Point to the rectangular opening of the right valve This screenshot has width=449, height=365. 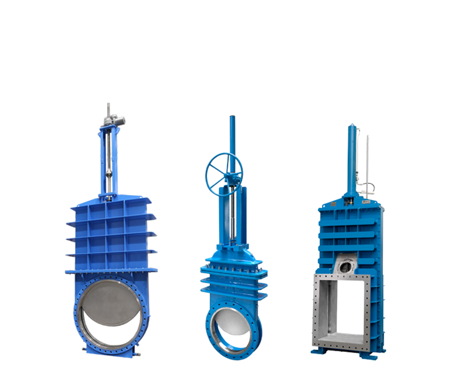[345, 309]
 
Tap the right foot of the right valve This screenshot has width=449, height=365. [373, 357]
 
